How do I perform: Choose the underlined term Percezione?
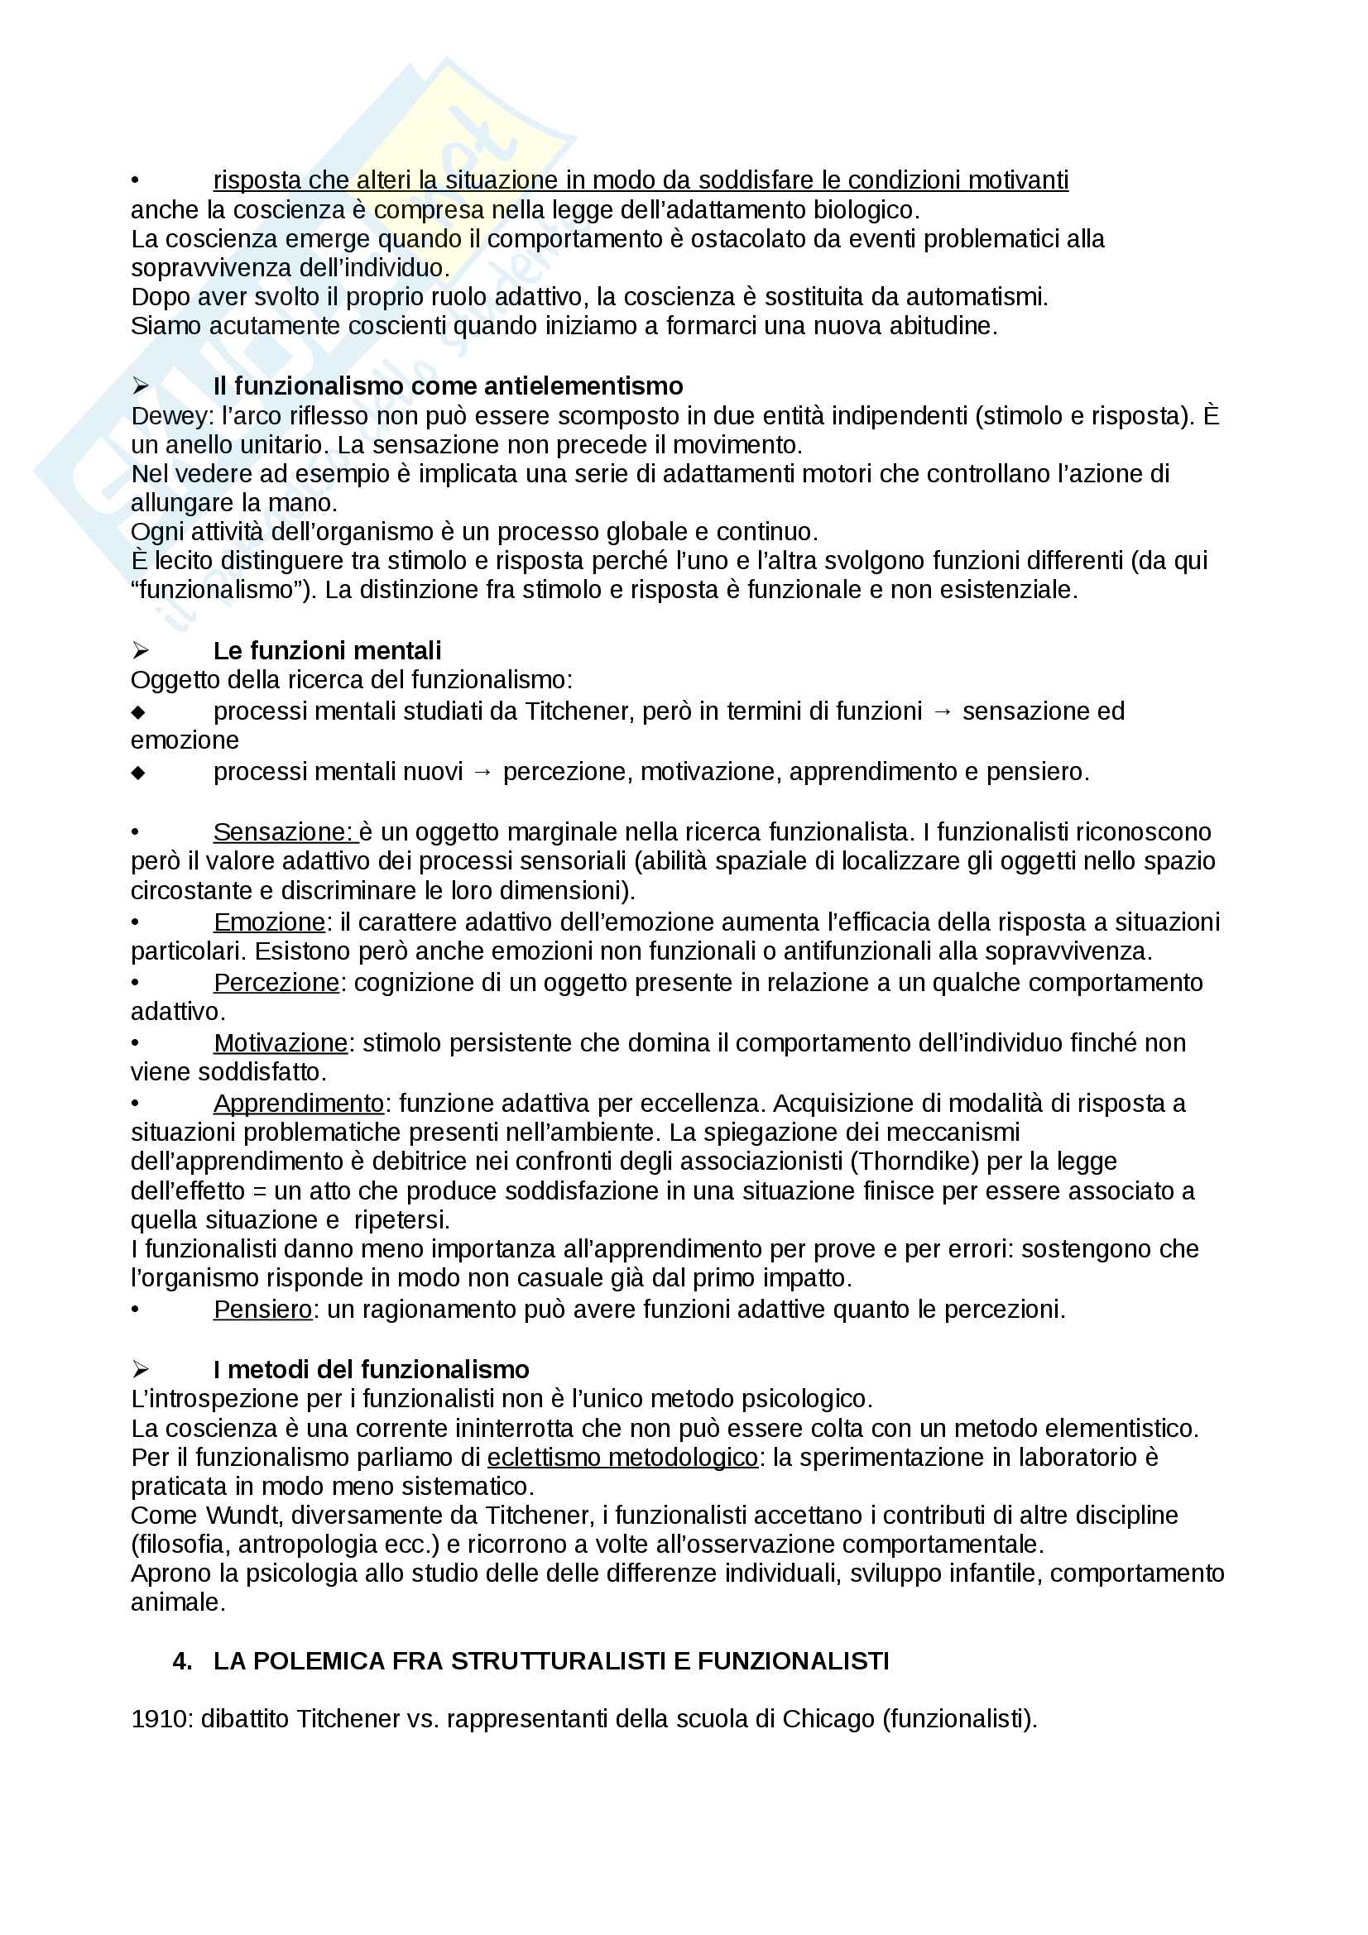pos(276,983)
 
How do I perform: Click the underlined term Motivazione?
pos(280,1043)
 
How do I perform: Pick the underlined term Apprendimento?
pos(299,1104)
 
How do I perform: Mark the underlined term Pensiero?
pos(262,1309)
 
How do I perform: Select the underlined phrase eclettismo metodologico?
pos(622,1457)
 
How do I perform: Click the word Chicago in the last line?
pos(828,1718)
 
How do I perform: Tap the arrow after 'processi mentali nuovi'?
pos(483,772)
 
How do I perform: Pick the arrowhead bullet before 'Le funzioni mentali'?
pos(140,650)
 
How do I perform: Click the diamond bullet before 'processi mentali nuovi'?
pos(138,773)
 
